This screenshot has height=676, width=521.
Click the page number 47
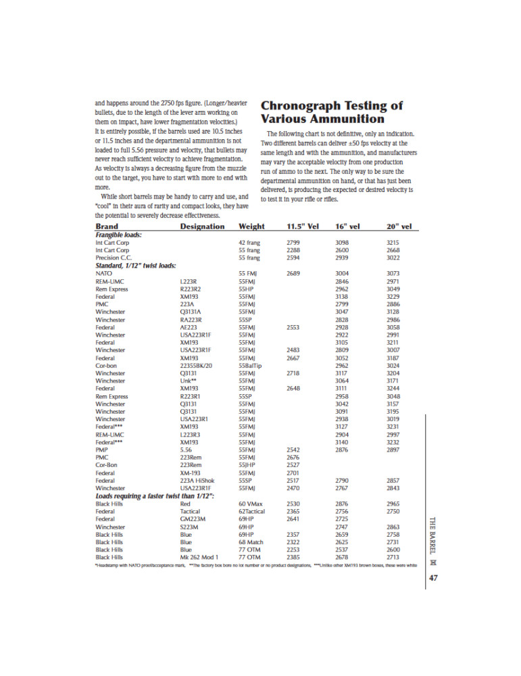click(434, 579)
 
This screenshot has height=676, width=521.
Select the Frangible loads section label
click(123, 235)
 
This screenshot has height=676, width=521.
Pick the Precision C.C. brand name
click(116, 258)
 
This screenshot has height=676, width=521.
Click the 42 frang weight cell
click(250, 242)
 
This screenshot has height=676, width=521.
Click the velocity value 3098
click(345, 242)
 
